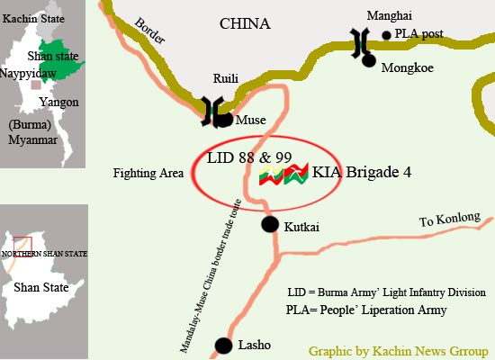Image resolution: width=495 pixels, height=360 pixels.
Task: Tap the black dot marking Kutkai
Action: [269, 224]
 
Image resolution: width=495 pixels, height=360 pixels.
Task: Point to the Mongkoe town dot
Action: [369, 60]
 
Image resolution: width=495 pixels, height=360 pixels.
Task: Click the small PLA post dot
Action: [387, 36]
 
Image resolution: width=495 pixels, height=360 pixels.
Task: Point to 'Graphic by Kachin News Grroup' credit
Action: [399, 349]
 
